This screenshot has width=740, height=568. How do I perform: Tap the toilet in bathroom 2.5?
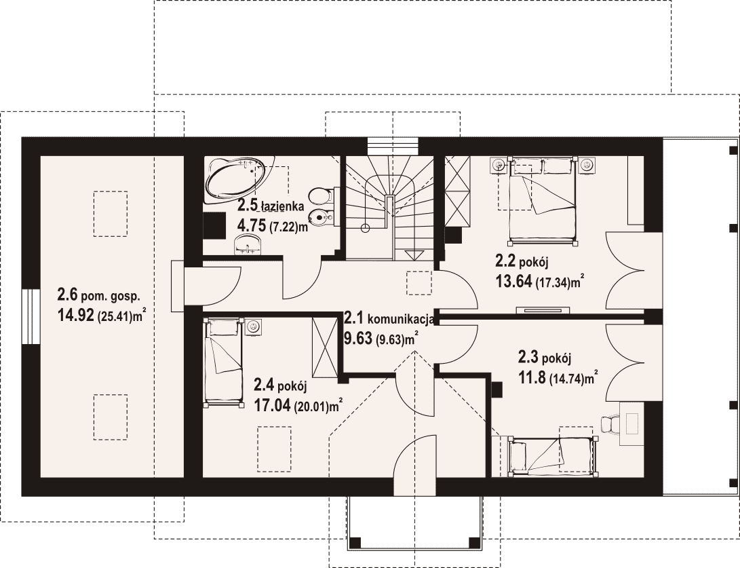pyautogui.click(x=323, y=196)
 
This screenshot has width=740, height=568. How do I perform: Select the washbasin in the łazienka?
pyautogui.click(x=248, y=244)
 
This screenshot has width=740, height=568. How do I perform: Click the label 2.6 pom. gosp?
pyautogui.click(x=98, y=296)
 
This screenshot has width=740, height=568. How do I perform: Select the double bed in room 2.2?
pyautogui.click(x=543, y=202)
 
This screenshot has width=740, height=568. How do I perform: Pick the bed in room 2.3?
pyautogui.click(x=551, y=455)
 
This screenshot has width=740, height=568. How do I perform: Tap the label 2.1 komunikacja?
pyautogui.click(x=389, y=319)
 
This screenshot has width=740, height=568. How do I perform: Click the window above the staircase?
pyautogui.click(x=393, y=146)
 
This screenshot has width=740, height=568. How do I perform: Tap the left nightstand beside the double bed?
pyautogui.click(x=499, y=166)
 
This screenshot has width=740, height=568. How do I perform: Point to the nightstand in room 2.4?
pyautogui.click(x=254, y=326)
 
